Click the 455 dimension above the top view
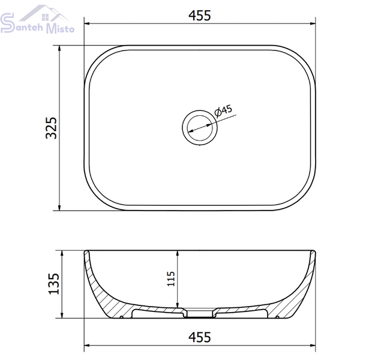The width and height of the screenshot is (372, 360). [200, 16]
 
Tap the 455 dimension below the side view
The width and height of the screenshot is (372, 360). [200, 337]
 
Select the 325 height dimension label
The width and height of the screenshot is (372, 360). [52, 128]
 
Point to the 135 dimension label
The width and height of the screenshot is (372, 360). [53, 284]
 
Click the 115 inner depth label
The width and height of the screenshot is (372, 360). [171, 279]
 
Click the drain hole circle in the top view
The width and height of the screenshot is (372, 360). [200, 127]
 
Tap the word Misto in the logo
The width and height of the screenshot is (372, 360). [60, 28]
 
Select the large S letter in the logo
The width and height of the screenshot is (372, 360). [7, 23]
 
